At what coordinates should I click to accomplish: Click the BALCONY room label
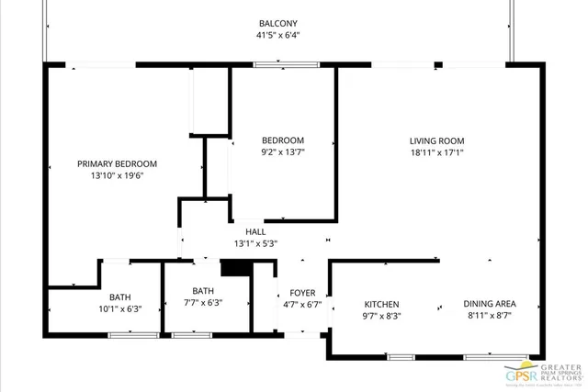point(278,24)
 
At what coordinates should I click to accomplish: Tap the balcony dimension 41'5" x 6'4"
point(278,36)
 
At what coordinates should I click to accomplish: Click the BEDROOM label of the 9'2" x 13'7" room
point(283,140)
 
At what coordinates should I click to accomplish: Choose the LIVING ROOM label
point(436,140)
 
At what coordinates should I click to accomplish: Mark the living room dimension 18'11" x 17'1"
point(436,152)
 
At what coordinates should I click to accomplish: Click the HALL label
point(255,232)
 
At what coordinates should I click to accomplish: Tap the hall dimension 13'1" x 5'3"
point(255,244)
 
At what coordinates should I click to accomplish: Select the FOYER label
point(302,293)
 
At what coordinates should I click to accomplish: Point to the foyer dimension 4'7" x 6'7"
point(302,305)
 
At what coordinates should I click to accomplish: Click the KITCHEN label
point(381,304)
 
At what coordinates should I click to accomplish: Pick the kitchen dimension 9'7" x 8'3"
point(381,316)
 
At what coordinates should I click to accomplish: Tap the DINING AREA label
point(489,304)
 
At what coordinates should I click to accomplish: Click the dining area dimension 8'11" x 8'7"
point(489,316)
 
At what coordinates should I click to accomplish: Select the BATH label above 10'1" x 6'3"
point(119,297)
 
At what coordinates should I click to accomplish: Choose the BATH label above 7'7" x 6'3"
point(202,291)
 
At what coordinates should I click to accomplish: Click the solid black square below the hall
point(235,268)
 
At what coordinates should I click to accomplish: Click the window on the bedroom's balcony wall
point(281,64)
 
